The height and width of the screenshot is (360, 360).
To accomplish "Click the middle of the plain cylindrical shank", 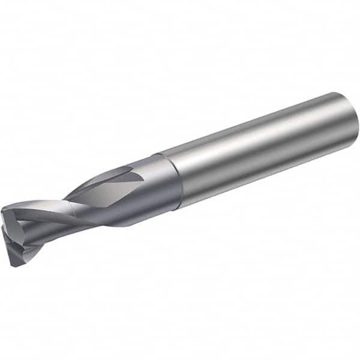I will pyautogui.click(x=258, y=153).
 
